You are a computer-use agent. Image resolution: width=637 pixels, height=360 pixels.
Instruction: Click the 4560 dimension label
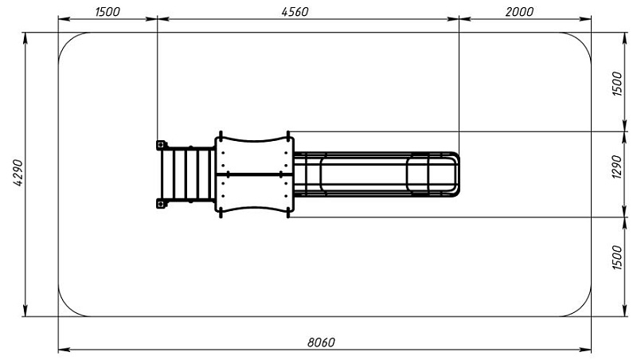(x=295, y=12)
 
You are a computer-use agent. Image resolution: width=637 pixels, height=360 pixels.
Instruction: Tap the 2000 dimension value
(x=519, y=12)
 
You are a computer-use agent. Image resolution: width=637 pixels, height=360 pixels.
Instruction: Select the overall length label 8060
(x=321, y=342)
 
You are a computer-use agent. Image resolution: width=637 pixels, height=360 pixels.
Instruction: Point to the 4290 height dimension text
(x=18, y=173)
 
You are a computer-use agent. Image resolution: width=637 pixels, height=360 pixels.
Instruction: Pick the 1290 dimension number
(x=616, y=166)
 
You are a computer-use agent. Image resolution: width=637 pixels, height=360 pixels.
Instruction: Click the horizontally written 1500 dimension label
(x=107, y=12)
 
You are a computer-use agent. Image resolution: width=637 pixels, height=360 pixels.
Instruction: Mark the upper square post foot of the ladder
(x=162, y=145)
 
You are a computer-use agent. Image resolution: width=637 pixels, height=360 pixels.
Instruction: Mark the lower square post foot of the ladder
(x=162, y=204)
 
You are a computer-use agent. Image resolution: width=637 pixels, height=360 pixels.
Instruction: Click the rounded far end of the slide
(x=456, y=174)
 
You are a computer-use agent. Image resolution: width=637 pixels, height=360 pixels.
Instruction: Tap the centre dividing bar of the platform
(x=254, y=174)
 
